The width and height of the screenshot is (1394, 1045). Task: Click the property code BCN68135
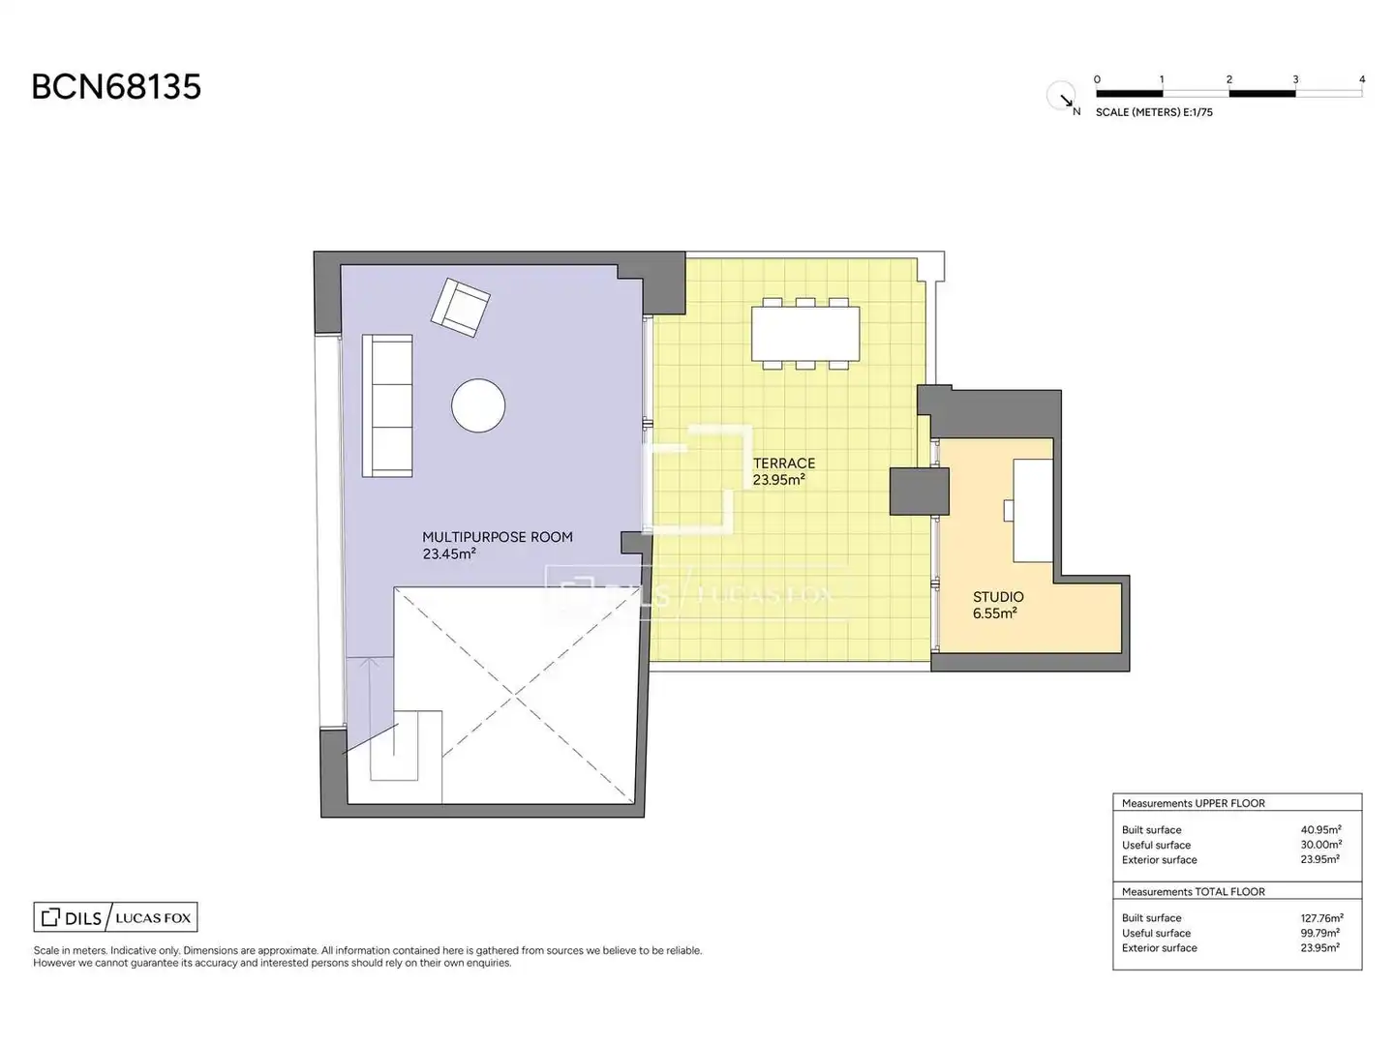click(116, 86)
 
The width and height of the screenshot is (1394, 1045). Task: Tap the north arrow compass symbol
click(1061, 97)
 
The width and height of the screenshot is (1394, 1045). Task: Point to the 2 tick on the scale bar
click(1228, 80)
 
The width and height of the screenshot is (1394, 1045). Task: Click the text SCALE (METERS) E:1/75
click(1154, 112)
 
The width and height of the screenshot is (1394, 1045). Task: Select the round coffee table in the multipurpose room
click(478, 405)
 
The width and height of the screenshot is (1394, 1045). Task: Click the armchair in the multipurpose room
click(461, 307)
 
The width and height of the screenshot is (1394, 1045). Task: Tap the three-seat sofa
click(387, 405)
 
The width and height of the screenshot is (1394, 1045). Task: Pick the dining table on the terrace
click(805, 334)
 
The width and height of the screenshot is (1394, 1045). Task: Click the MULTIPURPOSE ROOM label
click(498, 537)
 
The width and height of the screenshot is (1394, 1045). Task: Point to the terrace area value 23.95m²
click(778, 480)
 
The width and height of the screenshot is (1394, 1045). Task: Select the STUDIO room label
click(998, 597)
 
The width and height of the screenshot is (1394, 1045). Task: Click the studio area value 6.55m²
click(994, 613)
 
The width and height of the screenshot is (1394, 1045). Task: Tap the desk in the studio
click(1033, 511)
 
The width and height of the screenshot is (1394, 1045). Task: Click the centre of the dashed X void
click(515, 696)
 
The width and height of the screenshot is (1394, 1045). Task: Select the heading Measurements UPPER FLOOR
click(1193, 803)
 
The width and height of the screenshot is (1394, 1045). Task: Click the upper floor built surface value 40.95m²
click(1320, 830)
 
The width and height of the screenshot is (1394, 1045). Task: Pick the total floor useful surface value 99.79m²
click(1319, 934)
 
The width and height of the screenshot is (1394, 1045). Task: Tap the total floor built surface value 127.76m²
click(1321, 918)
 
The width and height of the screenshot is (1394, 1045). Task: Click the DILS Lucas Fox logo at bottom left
click(115, 917)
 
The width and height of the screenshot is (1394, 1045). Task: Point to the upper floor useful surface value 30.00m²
click(1321, 845)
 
